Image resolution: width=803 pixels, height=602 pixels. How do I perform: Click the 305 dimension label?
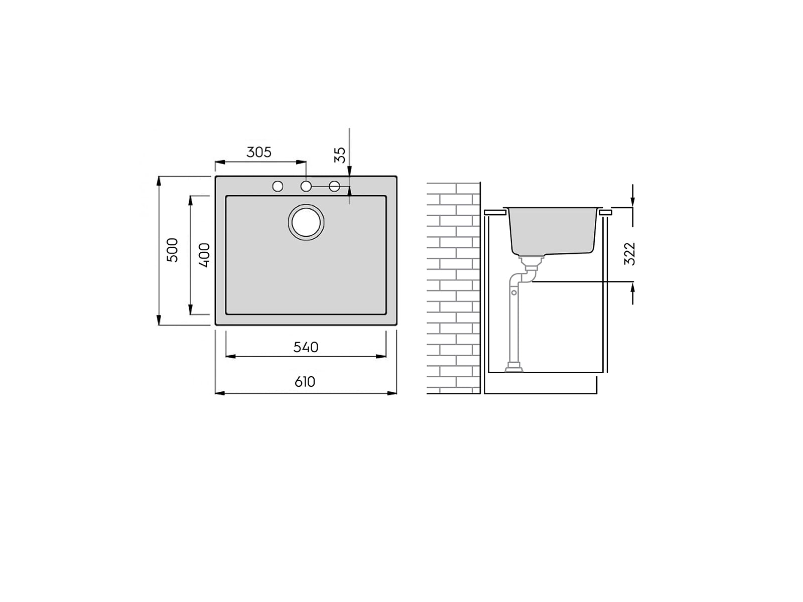pos(258,152)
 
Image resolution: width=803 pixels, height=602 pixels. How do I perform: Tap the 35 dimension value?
pos(340,155)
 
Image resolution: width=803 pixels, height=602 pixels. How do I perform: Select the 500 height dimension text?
pos(172,250)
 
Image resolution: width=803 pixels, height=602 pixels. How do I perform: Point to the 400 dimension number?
pos(205,255)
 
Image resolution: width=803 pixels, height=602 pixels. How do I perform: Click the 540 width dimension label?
pos(306,347)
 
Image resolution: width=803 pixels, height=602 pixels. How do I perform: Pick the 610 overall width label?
pos(305,382)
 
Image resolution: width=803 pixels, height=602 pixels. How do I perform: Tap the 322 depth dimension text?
pos(629,254)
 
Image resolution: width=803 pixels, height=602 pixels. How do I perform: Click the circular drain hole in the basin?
pos(306,222)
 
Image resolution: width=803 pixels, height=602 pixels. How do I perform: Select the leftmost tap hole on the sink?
pos(278,186)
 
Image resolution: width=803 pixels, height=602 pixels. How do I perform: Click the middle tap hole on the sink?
pos(306,186)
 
